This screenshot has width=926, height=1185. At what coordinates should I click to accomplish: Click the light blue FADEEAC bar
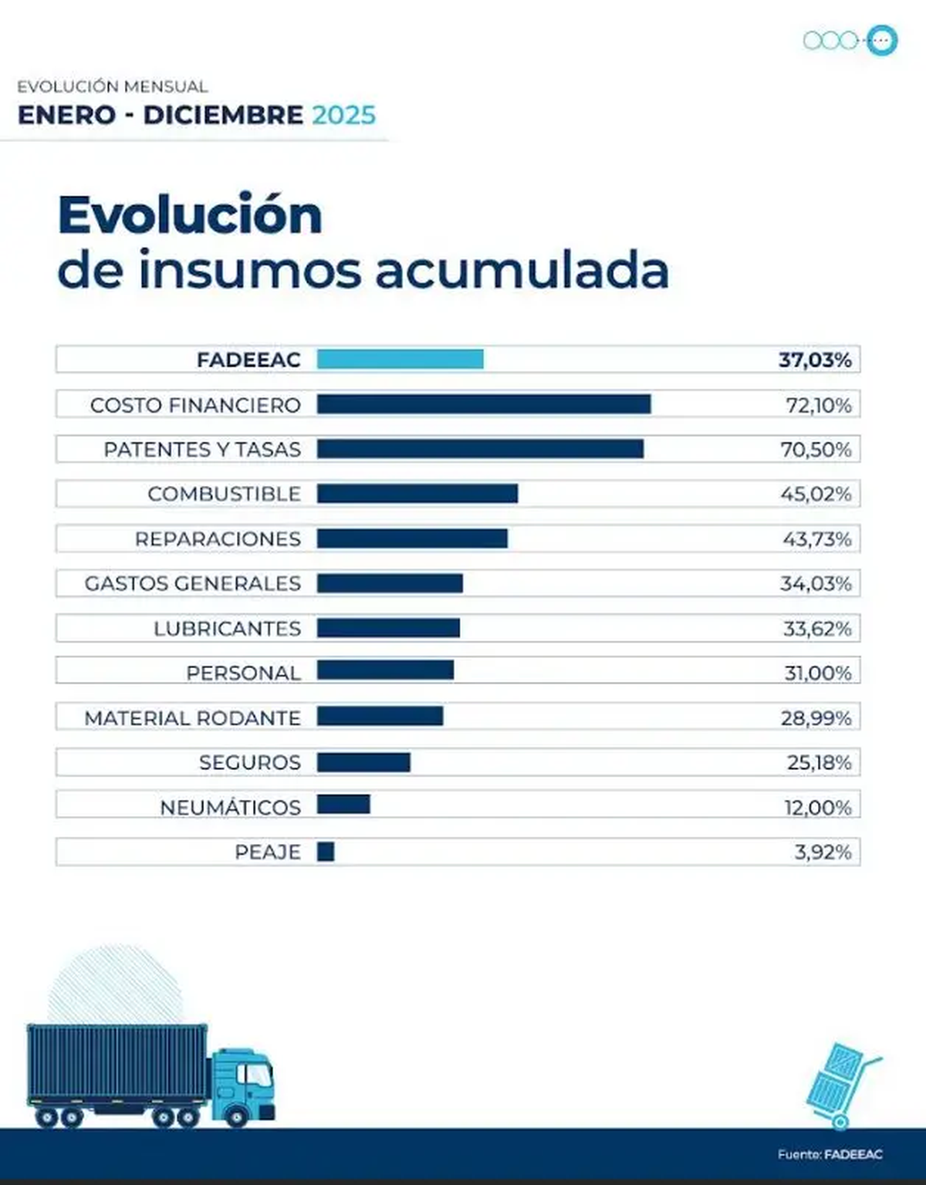coord(400,360)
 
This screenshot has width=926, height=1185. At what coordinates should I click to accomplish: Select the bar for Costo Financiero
coord(484,404)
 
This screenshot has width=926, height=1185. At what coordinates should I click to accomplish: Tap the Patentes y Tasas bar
coord(480,449)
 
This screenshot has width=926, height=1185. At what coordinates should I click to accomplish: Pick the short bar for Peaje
coord(326,852)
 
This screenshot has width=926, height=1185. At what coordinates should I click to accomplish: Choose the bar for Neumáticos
coord(343,805)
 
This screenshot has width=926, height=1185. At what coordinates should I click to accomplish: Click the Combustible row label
coord(224,494)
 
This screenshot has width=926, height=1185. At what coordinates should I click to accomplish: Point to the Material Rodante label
coord(192,718)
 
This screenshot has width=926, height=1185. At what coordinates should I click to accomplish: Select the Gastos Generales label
coord(192,583)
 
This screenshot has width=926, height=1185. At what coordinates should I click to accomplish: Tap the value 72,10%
coord(818,405)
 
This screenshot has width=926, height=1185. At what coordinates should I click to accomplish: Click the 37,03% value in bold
coord(815,360)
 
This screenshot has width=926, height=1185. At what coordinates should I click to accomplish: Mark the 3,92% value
coord(823,852)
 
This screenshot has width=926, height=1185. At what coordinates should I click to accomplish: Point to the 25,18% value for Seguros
coord(819,763)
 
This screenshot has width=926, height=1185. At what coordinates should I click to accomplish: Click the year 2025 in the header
coord(343,115)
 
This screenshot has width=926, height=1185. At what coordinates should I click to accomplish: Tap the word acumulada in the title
coord(522,271)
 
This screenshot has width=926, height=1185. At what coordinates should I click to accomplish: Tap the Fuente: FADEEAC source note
coord(830,1155)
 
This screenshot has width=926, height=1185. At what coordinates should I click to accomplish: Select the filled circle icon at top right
coord(880,40)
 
